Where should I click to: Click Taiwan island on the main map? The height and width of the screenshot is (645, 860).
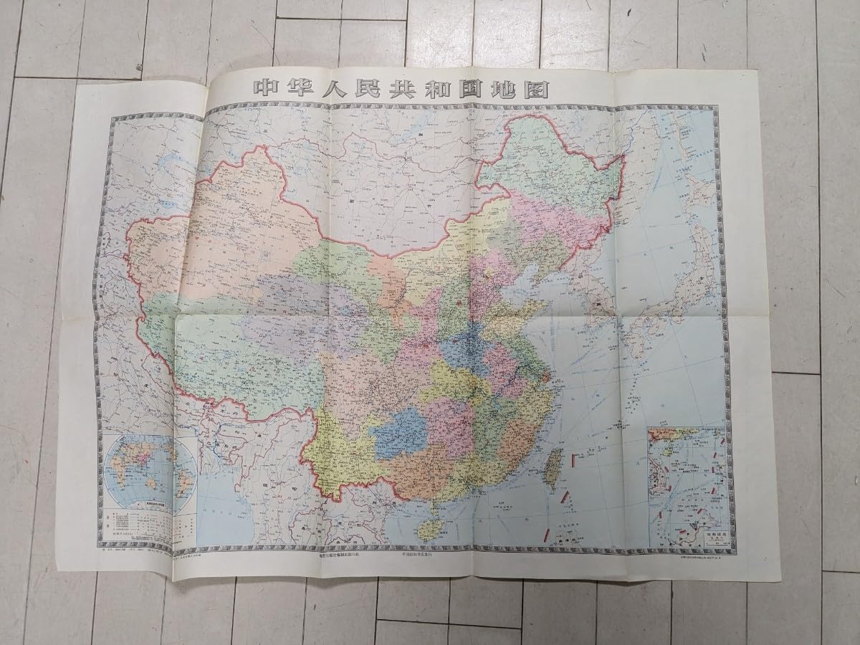coord(553,469)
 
